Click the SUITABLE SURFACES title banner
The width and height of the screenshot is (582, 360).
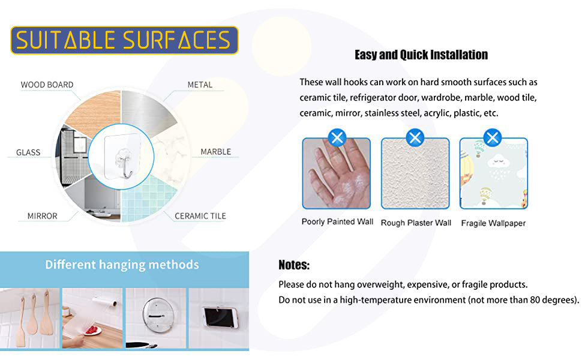pyautogui.click(x=124, y=40)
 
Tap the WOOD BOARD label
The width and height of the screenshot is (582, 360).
pyautogui.click(x=47, y=85)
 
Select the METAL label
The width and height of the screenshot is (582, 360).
pyautogui.click(x=200, y=85)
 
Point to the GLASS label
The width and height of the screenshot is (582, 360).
pyautogui.click(x=28, y=152)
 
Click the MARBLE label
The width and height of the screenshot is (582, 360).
pyautogui.click(x=215, y=152)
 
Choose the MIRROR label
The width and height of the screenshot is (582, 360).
pyautogui.click(x=43, y=216)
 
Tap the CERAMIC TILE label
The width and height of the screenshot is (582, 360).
pyautogui.click(x=200, y=216)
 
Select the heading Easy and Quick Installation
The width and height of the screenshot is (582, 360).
pyautogui.click(x=421, y=55)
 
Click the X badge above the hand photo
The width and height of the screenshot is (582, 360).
pyautogui.click(x=337, y=138)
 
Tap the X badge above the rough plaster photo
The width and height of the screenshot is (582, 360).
pyautogui.click(x=415, y=138)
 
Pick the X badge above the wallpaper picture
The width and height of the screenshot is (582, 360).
pyautogui.click(x=493, y=138)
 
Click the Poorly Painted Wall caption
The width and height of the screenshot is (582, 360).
pyautogui.click(x=337, y=221)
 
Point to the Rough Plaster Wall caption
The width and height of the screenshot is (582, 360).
pyautogui.click(x=416, y=223)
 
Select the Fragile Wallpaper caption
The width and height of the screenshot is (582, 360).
pyautogui.click(x=493, y=223)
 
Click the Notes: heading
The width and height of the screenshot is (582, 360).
pyautogui.click(x=294, y=265)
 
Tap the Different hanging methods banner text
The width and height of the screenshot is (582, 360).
pyautogui.click(x=122, y=265)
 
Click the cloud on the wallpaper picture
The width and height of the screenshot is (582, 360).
pyautogui.click(x=499, y=161)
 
